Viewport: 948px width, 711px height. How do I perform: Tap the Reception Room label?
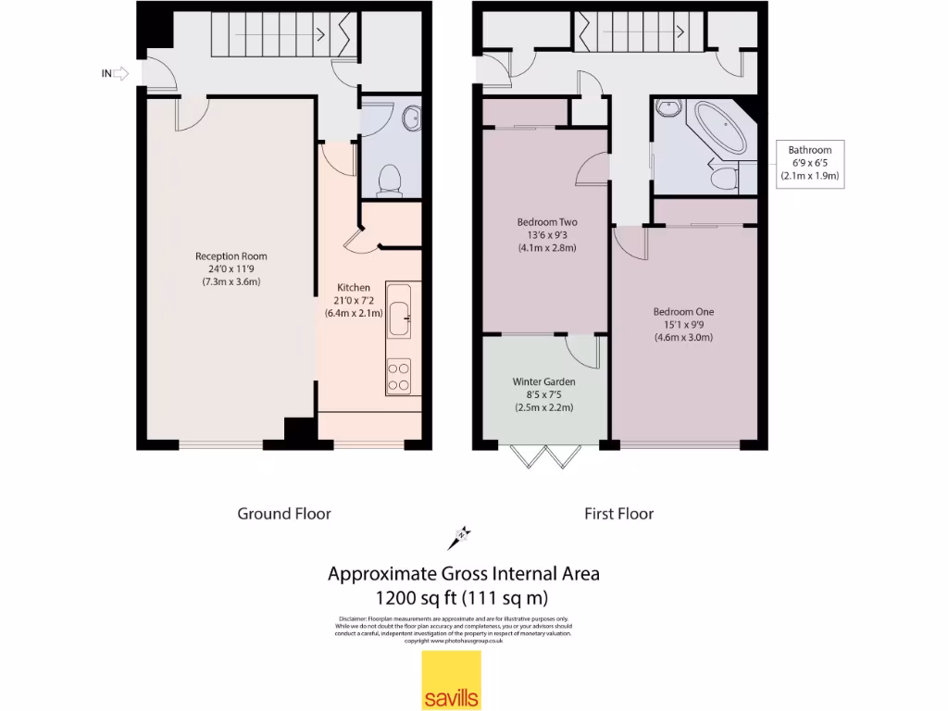pos(231,268)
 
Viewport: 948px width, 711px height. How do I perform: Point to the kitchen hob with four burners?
pos(399,375)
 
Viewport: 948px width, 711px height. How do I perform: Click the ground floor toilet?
pos(389,180)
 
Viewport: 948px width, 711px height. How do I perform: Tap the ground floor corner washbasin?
pos(410,118)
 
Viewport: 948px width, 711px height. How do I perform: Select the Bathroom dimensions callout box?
pos(809,163)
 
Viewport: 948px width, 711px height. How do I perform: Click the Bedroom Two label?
pos(546,235)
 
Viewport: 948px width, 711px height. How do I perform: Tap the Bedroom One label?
pos(683,324)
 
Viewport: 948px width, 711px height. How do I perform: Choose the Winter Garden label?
pos(544,394)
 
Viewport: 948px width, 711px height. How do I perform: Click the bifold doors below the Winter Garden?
pos(546,456)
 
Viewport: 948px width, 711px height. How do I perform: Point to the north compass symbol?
pos(460,534)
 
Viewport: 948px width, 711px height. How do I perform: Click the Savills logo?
pos(452,680)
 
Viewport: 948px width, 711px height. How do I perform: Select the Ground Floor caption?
pos(284,514)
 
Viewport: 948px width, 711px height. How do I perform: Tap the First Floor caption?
pos(618,514)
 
